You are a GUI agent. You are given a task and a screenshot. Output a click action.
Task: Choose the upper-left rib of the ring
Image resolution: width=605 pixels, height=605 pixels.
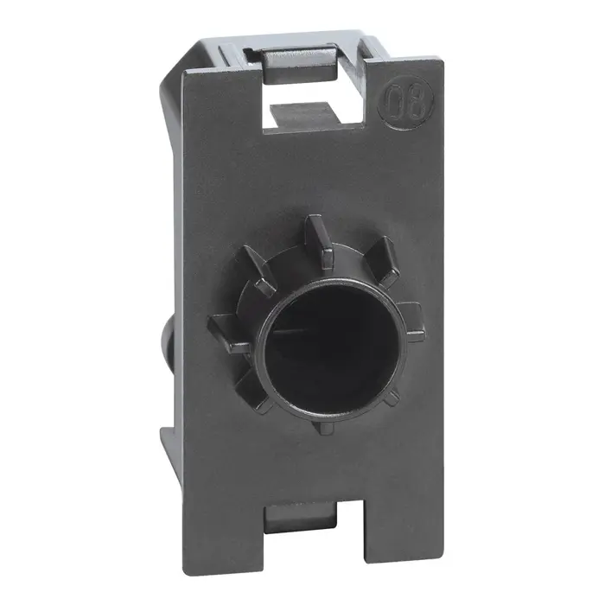[x=255, y=263]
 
